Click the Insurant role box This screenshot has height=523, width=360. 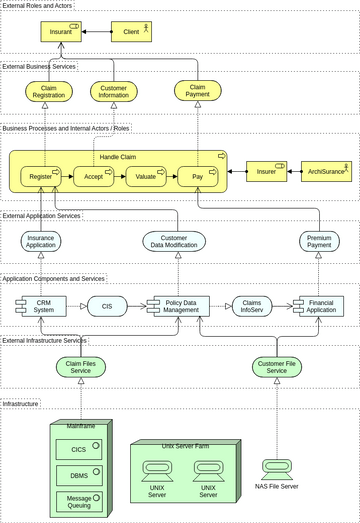pos(61,32)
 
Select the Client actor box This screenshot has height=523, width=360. pos(131,32)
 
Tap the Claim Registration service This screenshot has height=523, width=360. pos(49,91)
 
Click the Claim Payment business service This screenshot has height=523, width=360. pos(198,91)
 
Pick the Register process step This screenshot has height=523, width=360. pos(41,177)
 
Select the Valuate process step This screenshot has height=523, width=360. pos(146,177)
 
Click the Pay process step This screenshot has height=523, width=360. pos(198,177)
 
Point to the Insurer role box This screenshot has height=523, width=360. pos(267,171)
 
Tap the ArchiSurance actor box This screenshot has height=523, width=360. pos(327,171)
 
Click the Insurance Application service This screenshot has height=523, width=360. pos(41,241)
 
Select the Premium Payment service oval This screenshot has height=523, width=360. pos(320,241)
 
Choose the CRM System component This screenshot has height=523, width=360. pos(40,306)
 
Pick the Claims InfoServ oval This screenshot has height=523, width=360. pos(252,306)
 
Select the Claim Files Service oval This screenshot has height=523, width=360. pos(80,368)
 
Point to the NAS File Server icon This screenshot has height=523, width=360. pos(276,468)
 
